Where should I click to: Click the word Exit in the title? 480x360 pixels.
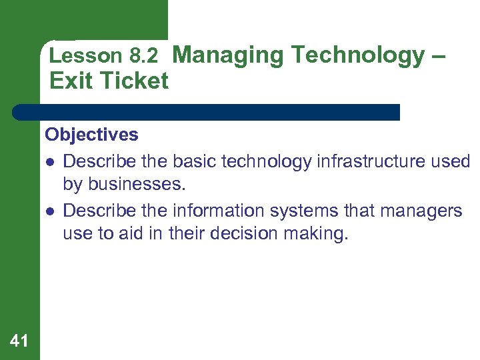coord(70,81)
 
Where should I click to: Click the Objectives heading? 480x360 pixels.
coord(92,135)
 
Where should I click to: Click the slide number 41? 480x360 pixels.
coord(20,341)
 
